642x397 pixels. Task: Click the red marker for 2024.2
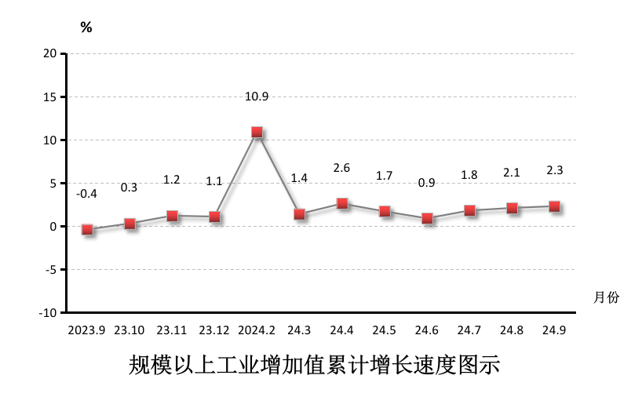pyautogui.click(x=257, y=133)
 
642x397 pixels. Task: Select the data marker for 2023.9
pyautogui.click(x=88, y=230)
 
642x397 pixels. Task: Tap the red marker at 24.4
pyautogui.click(x=342, y=204)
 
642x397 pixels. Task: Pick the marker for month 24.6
pyautogui.click(x=427, y=218)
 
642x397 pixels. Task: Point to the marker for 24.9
pyautogui.click(x=554, y=206)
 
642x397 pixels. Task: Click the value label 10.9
pyautogui.click(x=257, y=97)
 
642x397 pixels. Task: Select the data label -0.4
pyautogui.click(x=86, y=194)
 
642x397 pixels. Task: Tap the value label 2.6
pyautogui.click(x=341, y=167)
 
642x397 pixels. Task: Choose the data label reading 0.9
pyautogui.click(x=426, y=182)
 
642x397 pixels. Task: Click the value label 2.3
pyautogui.click(x=554, y=169)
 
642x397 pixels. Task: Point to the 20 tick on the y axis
pyautogui.click(x=50, y=53)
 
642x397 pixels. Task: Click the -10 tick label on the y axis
pyautogui.click(x=48, y=312)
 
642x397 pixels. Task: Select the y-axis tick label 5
pyautogui.click(x=53, y=183)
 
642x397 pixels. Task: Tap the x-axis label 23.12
pyautogui.click(x=214, y=330)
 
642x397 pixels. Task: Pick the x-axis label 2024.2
pyautogui.click(x=257, y=330)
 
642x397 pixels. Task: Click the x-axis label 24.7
pyautogui.click(x=469, y=330)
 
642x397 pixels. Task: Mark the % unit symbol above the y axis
pyautogui.click(x=86, y=28)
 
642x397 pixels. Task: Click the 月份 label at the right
pyautogui.click(x=606, y=297)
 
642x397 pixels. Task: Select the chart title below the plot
pyautogui.click(x=314, y=366)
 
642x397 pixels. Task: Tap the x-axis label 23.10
pyautogui.click(x=129, y=330)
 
